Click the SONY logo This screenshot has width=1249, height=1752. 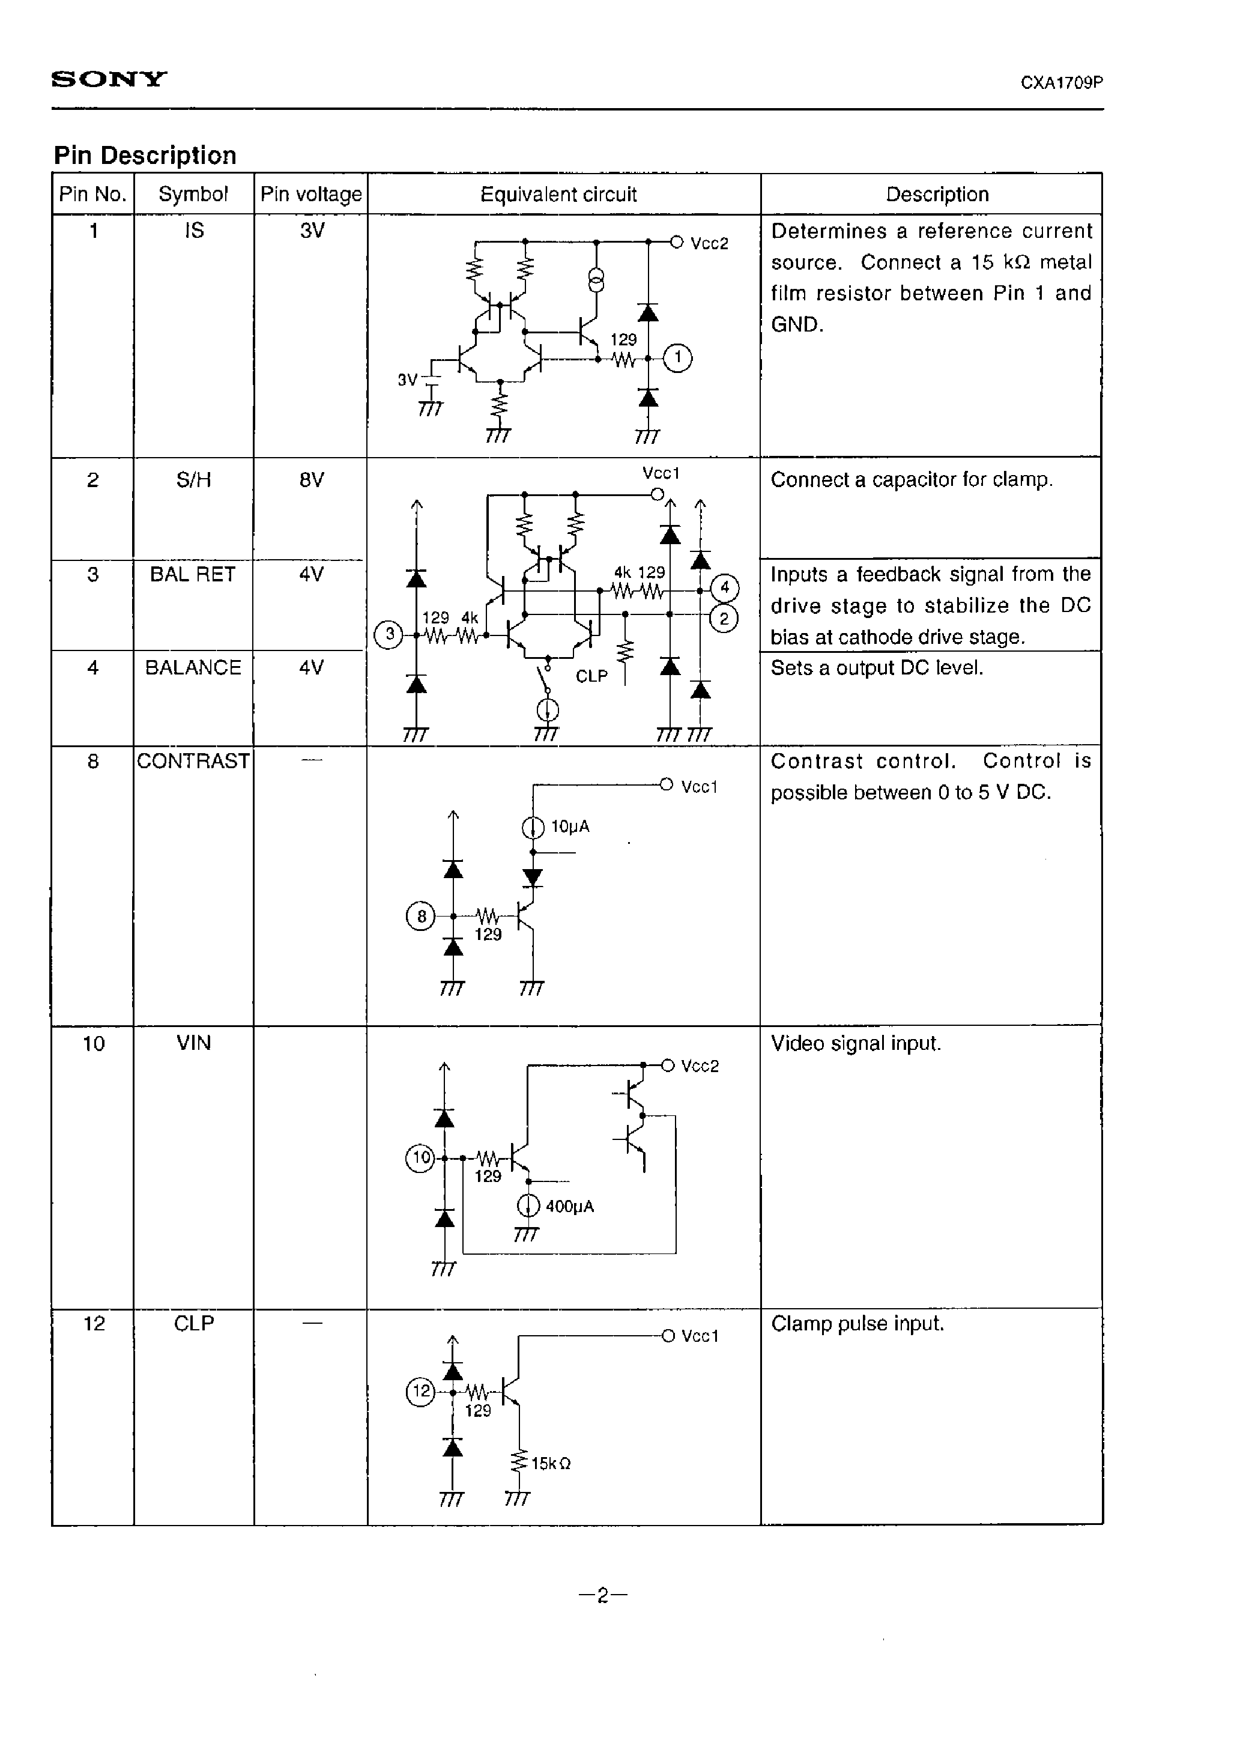coord(109,79)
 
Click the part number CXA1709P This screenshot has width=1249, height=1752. coord(1061,83)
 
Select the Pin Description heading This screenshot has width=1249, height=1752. coord(145,156)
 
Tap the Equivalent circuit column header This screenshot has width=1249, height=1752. coord(558,195)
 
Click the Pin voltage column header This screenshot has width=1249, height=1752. coord(310,195)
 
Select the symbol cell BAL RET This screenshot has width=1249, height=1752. coord(192,575)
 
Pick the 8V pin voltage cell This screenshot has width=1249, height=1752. coord(312,480)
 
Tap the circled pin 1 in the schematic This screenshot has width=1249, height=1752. coord(677,357)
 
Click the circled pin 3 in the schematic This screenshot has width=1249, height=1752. coord(389,634)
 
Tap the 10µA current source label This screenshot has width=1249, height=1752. coord(570,827)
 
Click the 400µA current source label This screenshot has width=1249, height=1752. coord(569,1206)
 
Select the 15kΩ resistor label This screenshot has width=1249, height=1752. coord(551,1463)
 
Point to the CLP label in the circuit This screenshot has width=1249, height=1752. coord(591,676)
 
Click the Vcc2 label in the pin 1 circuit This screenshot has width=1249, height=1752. coord(709,244)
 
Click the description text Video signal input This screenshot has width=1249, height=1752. coord(855,1044)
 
